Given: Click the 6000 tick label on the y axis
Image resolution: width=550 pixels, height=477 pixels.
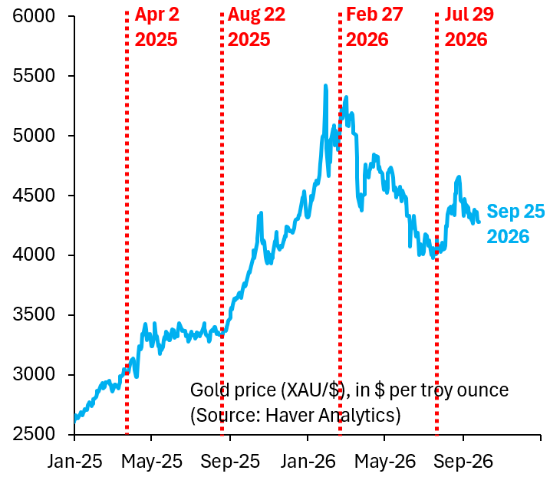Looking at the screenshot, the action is [34, 16].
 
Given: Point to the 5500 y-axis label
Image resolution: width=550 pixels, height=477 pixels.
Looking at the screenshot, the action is [34, 76].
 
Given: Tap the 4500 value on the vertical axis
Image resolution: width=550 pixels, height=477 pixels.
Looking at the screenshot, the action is [34, 196].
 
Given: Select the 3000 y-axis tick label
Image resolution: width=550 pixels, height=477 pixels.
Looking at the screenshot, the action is [34, 374].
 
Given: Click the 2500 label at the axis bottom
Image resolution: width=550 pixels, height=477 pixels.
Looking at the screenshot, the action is [34, 434].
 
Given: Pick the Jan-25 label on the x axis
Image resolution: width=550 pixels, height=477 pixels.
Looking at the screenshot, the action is [74, 461].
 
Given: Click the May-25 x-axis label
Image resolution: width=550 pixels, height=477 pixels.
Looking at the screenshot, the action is [152, 461].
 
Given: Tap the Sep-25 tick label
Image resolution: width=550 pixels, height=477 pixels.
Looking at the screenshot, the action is [230, 461].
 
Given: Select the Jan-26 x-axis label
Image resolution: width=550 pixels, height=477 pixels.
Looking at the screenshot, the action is [308, 461].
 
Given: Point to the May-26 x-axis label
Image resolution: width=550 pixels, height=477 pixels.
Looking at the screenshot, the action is [385, 461].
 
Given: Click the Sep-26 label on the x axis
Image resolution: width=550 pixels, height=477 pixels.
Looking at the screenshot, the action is [463, 461].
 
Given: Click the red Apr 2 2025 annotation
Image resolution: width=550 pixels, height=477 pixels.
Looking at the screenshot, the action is [156, 27].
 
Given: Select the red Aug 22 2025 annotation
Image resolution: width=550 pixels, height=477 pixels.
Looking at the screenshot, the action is [256, 27].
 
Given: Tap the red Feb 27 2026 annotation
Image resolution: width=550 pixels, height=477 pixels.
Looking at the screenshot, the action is [374, 27].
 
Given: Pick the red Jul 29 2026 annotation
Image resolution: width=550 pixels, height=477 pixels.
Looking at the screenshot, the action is [469, 27].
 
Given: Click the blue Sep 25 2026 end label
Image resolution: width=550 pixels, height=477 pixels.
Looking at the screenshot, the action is [515, 224].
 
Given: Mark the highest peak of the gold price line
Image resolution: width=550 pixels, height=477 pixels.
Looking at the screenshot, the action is [325, 85].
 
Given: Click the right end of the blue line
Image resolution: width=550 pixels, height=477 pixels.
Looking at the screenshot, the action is [479, 222].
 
